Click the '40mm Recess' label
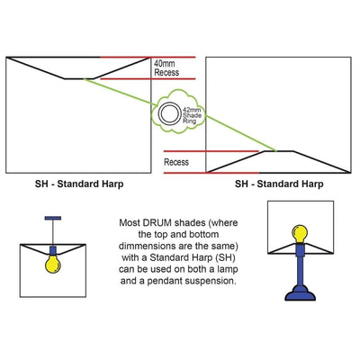[166, 68]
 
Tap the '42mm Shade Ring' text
[192, 115]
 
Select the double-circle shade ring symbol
[170, 113]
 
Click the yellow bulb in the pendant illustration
[53, 264]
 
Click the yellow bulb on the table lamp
[300, 234]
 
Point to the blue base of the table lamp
[300, 292]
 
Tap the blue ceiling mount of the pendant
[53, 218]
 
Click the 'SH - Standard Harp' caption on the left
[79, 184]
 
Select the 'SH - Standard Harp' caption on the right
[279, 184]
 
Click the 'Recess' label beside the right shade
[176, 162]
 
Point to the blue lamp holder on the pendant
[53, 250]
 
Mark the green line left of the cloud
[120, 92]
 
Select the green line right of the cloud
[240, 133]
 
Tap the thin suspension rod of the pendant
[53, 233]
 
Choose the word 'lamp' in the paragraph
[227, 270]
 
